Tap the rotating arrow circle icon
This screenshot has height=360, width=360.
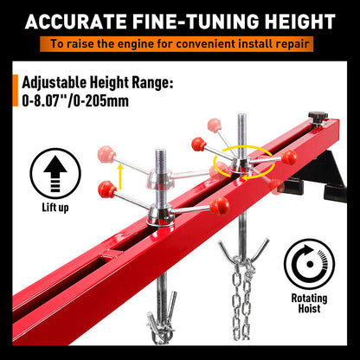pos(312,264)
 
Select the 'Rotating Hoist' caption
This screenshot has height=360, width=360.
pos(312,302)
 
